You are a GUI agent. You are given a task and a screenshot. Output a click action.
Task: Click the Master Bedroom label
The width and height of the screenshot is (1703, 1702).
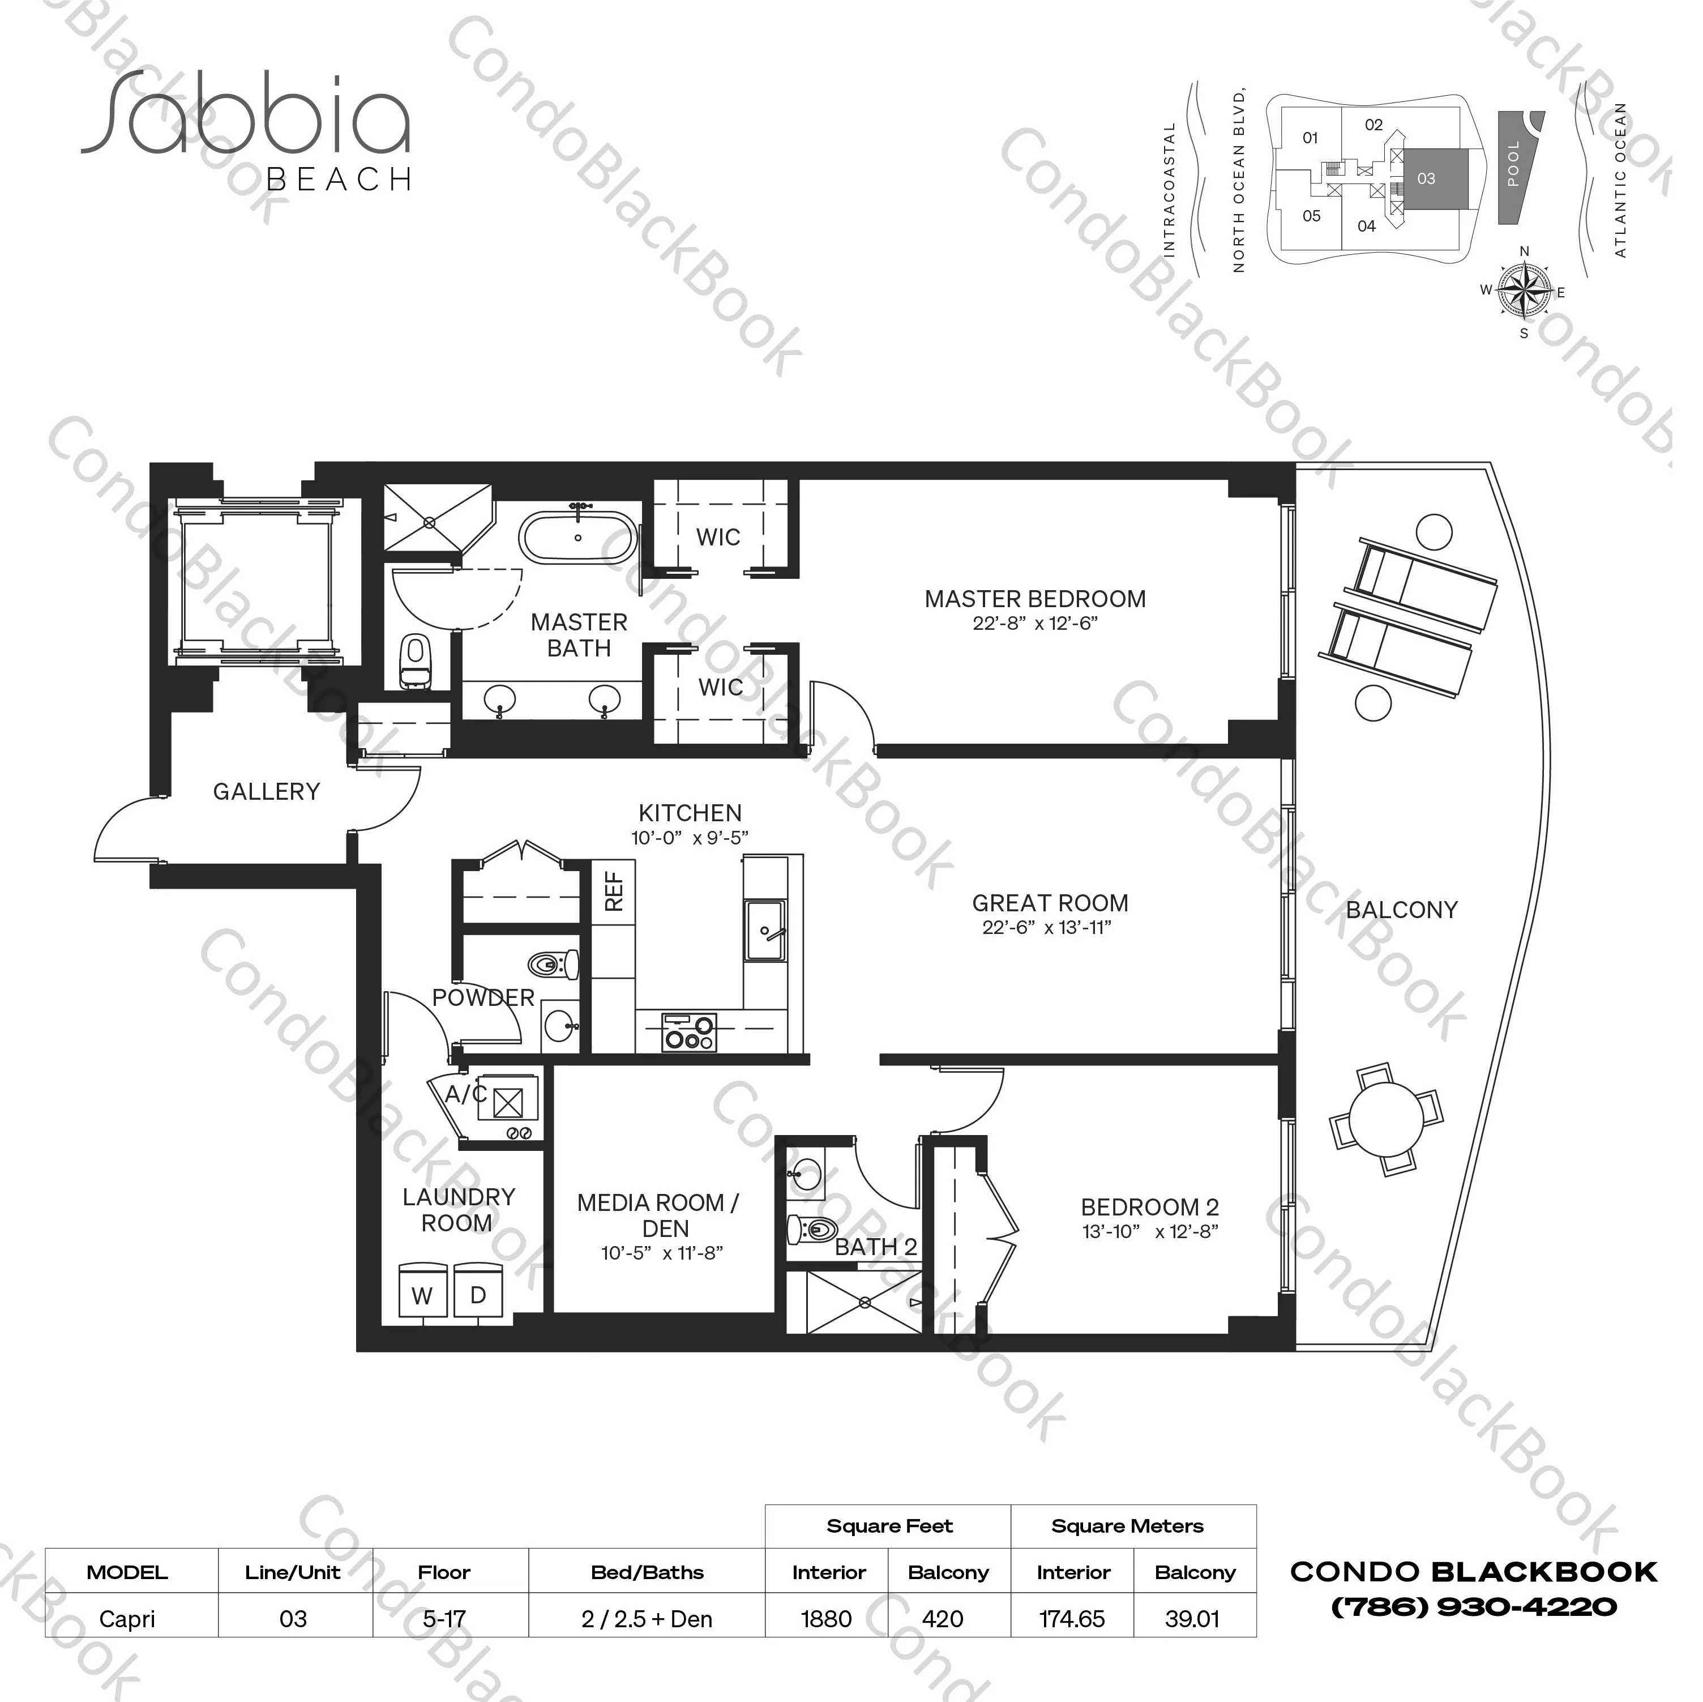click(x=1035, y=600)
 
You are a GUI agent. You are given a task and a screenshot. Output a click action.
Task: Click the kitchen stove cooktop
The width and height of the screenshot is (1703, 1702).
click(x=690, y=1032)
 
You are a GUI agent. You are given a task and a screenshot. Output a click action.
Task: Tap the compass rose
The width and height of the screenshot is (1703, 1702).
click(x=1525, y=291)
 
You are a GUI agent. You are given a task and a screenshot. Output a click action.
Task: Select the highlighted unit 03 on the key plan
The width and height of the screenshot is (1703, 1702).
click(x=1435, y=179)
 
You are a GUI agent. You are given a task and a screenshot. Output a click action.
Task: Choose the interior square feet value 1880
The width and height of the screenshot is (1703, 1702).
click(x=827, y=1619)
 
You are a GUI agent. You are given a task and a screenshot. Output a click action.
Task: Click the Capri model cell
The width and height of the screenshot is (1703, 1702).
click(x=128, y=1619)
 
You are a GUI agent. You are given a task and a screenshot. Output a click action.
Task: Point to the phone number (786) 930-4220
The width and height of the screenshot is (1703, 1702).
click(x=1474, y=1607)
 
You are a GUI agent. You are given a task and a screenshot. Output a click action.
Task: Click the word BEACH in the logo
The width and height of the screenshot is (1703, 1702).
click(x=339, y=180)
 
